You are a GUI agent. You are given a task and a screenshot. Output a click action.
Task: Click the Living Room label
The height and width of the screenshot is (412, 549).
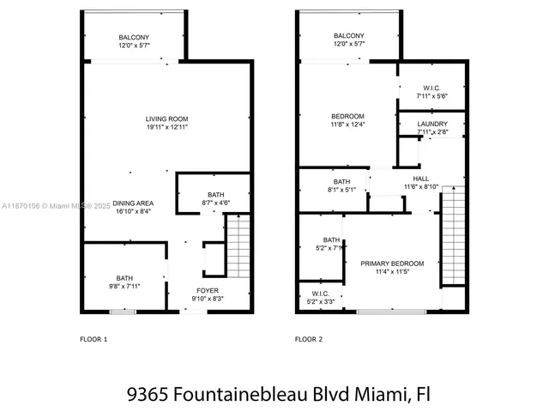tap(166, 118)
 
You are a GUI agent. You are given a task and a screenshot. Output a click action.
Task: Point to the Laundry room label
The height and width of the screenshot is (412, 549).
tap(432, 124)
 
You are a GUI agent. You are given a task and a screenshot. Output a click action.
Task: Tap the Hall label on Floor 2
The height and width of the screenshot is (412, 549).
tap(421, 178)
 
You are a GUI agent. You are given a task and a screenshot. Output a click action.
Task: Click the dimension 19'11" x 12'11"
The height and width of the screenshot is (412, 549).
tap(166, 127)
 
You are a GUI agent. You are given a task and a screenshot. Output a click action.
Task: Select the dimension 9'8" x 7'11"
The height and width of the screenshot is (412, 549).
tap(124, 286)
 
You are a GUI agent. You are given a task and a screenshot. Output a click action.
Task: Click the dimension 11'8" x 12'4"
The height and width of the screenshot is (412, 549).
tap(348, 125)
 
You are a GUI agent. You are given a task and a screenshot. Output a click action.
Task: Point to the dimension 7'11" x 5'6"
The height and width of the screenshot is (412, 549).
tap(431, 96)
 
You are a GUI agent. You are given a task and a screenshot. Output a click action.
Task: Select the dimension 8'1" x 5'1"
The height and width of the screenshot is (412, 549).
tap(341, 190)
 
